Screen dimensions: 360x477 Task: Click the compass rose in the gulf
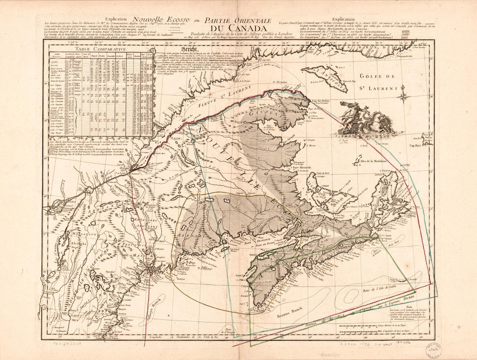tap(403, 95)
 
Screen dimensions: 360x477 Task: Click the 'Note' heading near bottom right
tap(409, 307)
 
